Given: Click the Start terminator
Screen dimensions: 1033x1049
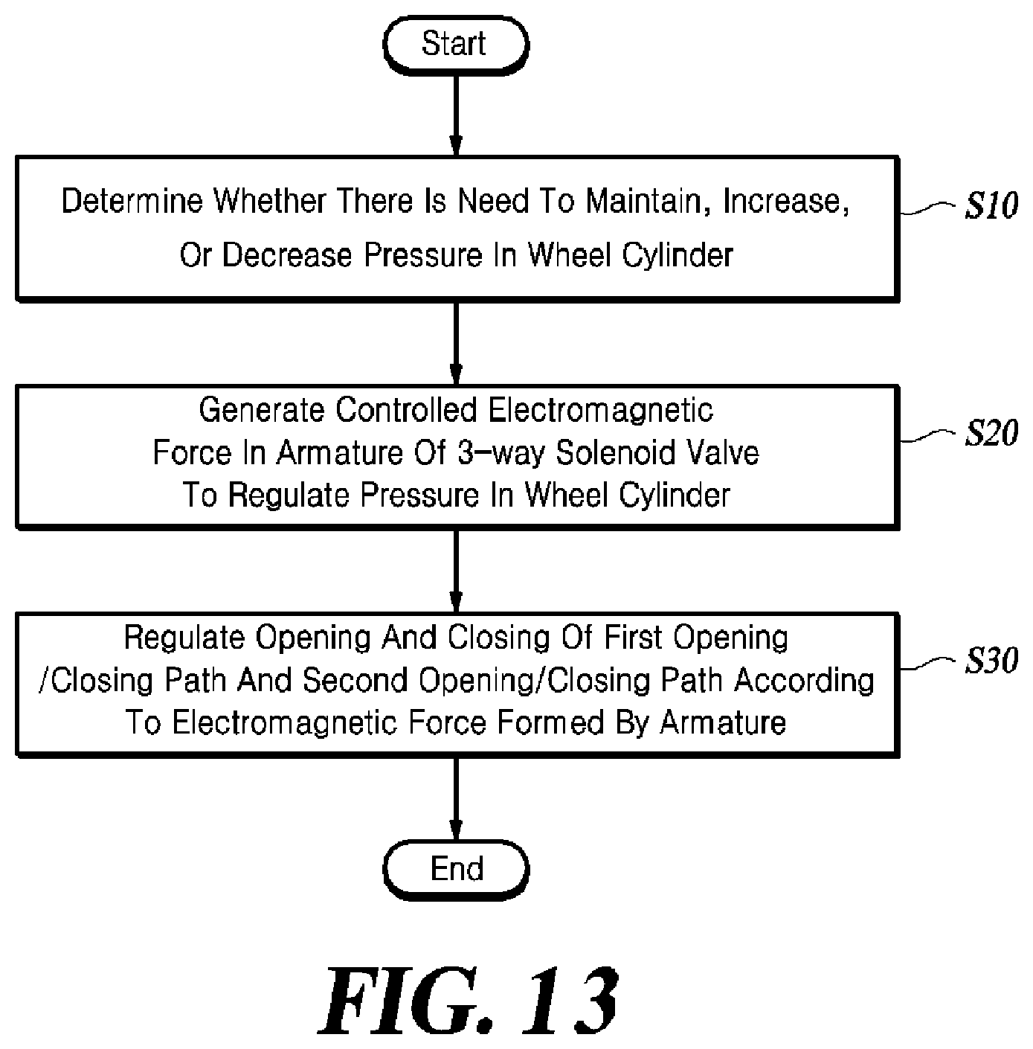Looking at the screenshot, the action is [x=456, y=45].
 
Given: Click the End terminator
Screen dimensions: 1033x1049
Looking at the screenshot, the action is [x=456, y=870].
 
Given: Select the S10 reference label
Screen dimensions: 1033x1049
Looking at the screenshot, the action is [x=991, y=206].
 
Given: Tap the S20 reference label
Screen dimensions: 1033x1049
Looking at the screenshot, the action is [x=991, y=433].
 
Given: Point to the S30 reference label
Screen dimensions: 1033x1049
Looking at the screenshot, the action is [x=991, y=661].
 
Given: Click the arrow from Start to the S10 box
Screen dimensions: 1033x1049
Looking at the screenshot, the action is [x=456, y=115].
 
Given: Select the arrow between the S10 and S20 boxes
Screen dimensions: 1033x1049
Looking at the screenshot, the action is [x=456, y=344].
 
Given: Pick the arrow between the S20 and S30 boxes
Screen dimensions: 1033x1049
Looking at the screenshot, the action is [x=456, y=571].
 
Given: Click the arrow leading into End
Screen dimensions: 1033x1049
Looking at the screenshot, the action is [x=456, y=799].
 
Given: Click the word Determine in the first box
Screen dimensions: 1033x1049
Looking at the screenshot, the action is [x=133, y=201].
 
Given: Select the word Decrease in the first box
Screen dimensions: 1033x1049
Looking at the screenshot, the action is [x=287, y=254].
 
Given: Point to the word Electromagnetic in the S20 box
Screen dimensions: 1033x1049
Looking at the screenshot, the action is [x=600, y=411].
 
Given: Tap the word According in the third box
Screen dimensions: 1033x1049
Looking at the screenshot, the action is [x=804, y=681].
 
